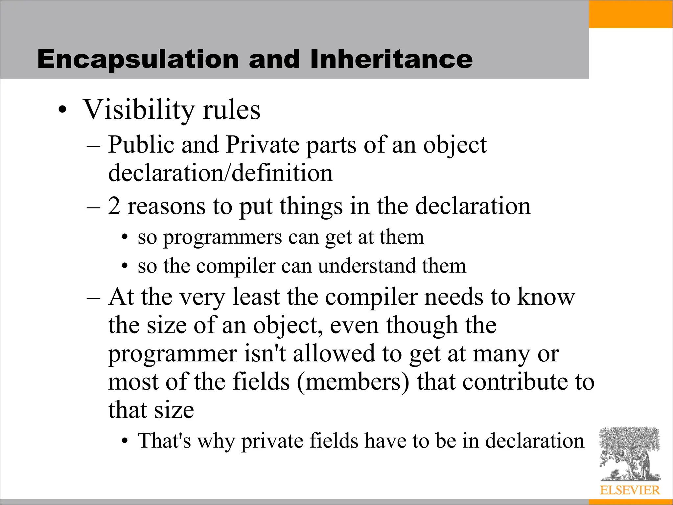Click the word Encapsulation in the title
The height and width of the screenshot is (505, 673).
point(138,59)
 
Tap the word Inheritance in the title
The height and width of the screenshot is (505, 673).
point(391,59)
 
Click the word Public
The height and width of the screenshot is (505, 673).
point(141,145)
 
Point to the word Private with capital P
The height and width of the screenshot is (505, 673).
point(263,145)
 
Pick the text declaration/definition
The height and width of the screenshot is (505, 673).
point(220,173)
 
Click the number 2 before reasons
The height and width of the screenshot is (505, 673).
point(114,206)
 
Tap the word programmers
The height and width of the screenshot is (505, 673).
point(222,237)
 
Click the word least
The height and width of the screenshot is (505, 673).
point(257,297)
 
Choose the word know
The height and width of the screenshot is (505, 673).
point(546,297)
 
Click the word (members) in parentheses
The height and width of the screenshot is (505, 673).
point(353,382)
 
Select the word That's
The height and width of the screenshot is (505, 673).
point(164,441)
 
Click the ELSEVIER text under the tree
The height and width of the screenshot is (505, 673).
point(630,490)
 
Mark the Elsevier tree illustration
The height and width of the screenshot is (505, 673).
point(629,454)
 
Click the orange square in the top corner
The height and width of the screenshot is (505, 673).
point(631,14)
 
